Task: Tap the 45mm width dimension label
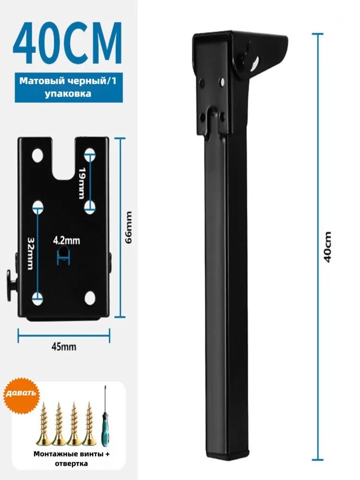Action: coord(64,347)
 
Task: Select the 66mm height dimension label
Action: coord(129,227)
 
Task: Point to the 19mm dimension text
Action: coord(82,183)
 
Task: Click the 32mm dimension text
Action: coord(30,253)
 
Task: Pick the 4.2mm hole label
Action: coord(66,240)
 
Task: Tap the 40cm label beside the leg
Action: coord(327,247)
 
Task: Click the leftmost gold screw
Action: coord(44,423)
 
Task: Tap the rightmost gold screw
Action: coord(89,423)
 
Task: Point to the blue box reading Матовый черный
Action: coord(69,87)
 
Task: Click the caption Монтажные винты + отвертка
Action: coord(72,458)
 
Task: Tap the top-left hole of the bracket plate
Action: coord(38,155)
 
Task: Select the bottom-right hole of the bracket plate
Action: coord(90,298)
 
